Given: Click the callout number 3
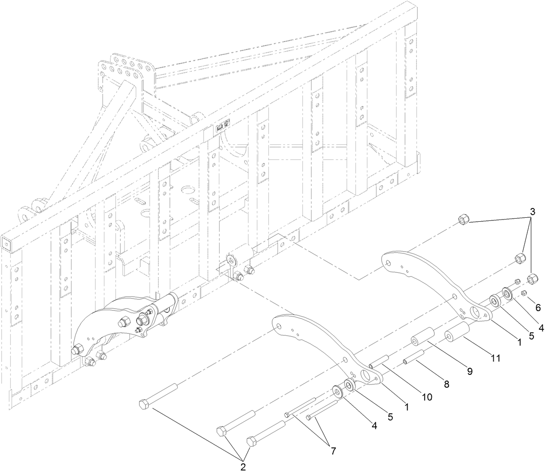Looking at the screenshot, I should [533, 212].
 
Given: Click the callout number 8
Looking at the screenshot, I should [446, 384].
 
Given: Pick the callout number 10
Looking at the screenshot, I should [426, 397].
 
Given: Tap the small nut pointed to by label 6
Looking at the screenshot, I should [523, 293].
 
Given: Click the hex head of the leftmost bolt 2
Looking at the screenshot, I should [145, 404].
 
